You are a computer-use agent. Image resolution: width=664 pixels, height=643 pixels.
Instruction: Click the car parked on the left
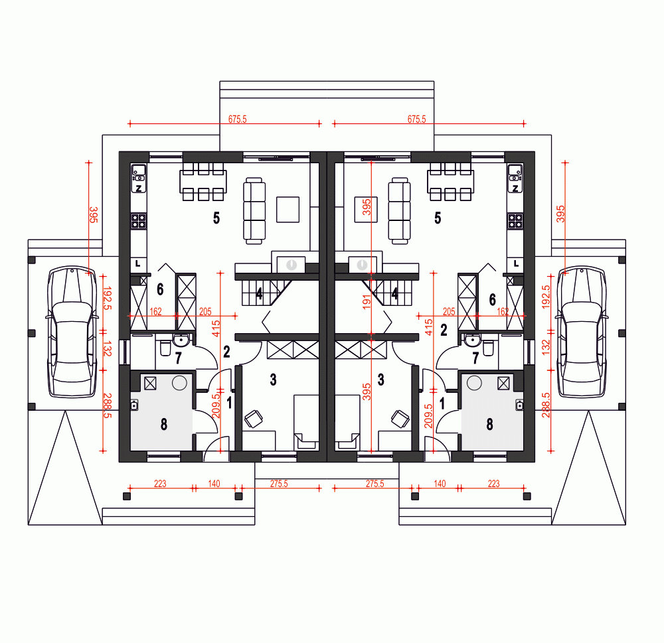[x=72, y=332]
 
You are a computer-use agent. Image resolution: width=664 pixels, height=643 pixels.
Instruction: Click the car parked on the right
[x=582, y=332]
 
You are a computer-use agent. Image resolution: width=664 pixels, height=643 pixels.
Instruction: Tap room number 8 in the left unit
[x=164, y=424]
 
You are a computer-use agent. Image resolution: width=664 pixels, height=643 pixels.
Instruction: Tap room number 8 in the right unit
[x=489, y=424]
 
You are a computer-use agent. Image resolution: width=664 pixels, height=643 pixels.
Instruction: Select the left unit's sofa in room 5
[x=254, y=211]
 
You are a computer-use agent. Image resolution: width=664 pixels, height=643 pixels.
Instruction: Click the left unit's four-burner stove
[x=139, y=220]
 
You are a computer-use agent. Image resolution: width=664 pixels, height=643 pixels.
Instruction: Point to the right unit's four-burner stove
[x=515, y=220]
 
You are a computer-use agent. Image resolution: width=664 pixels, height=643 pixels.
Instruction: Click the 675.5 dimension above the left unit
[x=237, y=119]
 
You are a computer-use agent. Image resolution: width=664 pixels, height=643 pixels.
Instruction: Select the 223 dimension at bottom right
[x=494, y=484]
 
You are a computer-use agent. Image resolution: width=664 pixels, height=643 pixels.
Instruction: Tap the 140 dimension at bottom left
[x=214, y=484]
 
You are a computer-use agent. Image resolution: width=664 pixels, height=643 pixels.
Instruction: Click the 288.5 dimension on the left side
[x=108, y=406]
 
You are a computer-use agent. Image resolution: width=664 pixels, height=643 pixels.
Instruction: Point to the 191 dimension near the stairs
[x=367, y=302]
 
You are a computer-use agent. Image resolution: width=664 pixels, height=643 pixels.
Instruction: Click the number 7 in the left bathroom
[x=178, y=358]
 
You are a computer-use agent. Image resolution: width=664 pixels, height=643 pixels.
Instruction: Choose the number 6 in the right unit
[x=492, y=300]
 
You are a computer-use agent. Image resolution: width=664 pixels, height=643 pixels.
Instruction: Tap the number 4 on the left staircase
[x=259, y=293]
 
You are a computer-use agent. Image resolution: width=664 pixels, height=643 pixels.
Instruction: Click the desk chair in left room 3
[x=254, y=419]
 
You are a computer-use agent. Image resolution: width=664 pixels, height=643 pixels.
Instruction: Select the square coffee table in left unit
[x=288, y=210]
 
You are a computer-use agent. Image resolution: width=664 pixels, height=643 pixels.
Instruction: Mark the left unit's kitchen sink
[x=139, y=173]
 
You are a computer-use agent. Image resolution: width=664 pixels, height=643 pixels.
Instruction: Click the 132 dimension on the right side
[x=546, y=347]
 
